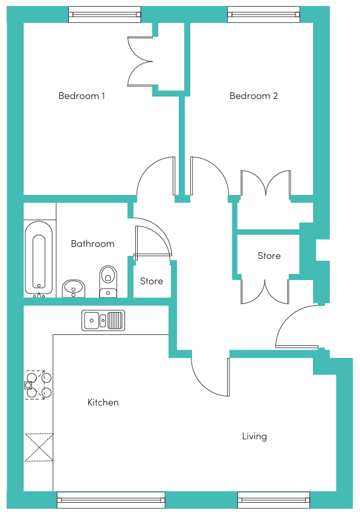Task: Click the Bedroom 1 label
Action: [82, 96]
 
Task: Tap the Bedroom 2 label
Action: [253, 96]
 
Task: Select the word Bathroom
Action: [93, 244]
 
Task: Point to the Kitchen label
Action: [103, 403]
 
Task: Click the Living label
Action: [254, 436]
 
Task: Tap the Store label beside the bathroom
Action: [152, 281]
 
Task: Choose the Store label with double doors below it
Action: [269, 256]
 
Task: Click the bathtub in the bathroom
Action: [39, 258]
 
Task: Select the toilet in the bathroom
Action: [108, 281]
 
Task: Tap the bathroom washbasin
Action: [74, 288]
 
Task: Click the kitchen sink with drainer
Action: [103, 320]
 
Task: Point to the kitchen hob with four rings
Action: [38, 385]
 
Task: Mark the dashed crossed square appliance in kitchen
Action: [39, 447]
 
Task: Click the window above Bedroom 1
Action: [104, 14]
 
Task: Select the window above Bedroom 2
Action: [263, 14]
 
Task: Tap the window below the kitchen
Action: [111, 500]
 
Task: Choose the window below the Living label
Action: [274, 500]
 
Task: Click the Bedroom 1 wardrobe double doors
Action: [140, 62]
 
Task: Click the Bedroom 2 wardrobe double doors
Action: [266, 182]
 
